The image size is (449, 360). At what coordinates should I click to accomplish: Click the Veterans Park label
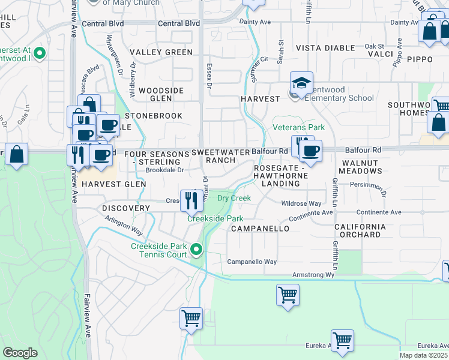[x=298, y=127]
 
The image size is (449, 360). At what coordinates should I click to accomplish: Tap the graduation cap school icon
[x=302, y=83]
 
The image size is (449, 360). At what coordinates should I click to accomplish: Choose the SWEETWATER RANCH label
[x=220, y=157]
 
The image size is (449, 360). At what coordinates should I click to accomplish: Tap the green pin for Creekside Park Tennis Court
[x=196, y=248]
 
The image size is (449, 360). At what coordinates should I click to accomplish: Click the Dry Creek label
[x=234, y=198]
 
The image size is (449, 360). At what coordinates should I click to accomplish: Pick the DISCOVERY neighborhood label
[x=125, y=208]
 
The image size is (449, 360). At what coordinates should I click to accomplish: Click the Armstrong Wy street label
[x=313, y=275]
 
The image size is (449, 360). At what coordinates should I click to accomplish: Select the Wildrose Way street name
[x=301, y=204]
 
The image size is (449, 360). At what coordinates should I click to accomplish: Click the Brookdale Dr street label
[x=164, y=170]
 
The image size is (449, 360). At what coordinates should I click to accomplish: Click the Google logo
[x=20, y=352]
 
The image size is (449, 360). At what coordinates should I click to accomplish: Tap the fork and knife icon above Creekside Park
[x=191, y=200]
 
